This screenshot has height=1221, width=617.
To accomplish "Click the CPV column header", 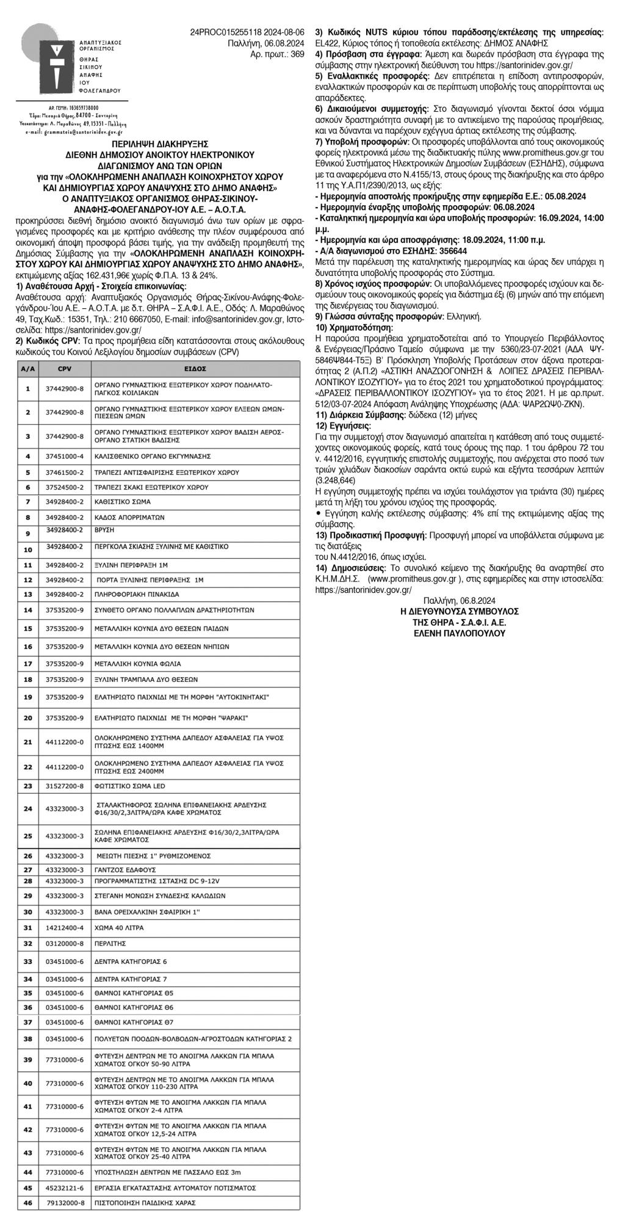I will tap(65, 369).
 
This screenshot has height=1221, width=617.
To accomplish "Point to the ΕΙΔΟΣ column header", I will tap(195, 369).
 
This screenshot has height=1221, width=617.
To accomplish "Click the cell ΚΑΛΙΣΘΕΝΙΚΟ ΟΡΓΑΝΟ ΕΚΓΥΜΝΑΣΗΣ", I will tap(152, 456).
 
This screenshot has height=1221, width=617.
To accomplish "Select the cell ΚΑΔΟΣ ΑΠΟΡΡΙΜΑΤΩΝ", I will tap(129, 517).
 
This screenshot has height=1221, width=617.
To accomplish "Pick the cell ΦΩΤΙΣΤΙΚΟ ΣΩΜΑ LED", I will tap(129, 786).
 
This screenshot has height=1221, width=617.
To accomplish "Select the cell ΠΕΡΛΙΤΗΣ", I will tap(110, 943).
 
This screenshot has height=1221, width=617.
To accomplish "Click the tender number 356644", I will tap(450, 250).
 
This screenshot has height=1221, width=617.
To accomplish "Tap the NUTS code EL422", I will tap(326, 43).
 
